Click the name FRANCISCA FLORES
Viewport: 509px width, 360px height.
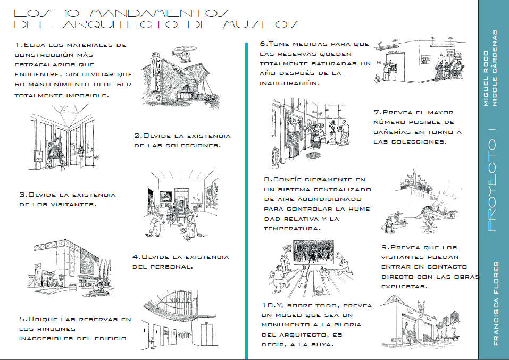coord(496,303)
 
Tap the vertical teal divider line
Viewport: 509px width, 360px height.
coord(246,202)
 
